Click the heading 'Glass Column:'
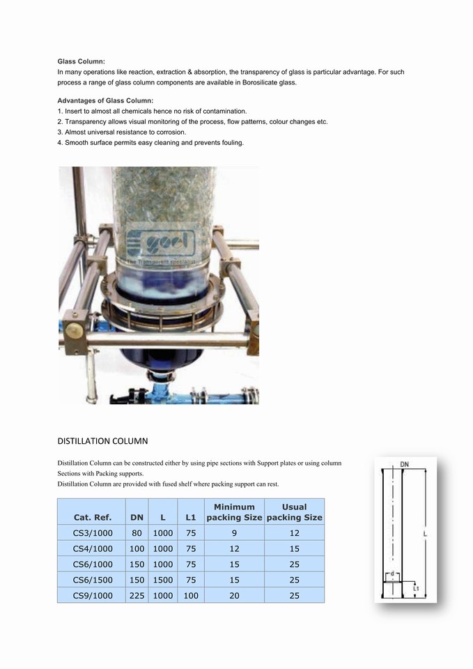coord(81,62)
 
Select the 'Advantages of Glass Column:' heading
coord(104,101)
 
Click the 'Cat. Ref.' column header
coord(92,518)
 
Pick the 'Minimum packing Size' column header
coord(234,512)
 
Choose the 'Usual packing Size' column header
coord(294,512)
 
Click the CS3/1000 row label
coord(92,533)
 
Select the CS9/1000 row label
coord(92,596)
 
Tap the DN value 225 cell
coord(137,596)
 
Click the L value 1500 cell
coord(162,580)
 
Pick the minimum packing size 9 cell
coord(234,533)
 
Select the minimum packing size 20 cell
coord(234,596)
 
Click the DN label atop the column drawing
coord(404,465)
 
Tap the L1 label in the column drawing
coord(415,588)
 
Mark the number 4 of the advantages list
coord(60,143)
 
